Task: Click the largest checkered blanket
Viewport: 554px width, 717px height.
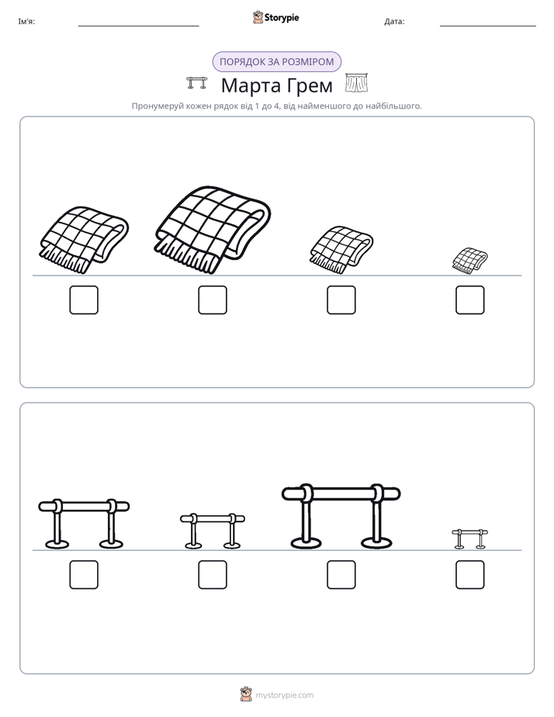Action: click(212, 230)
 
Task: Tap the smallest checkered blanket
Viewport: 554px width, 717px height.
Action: click(470, 261)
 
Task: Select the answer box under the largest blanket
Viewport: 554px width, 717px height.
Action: click(213, 300)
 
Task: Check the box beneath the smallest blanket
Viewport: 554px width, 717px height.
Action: click(470, 300)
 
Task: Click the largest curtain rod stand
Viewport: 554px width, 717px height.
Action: click(341, 516)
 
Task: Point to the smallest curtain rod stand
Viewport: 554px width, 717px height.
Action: click(470, 539)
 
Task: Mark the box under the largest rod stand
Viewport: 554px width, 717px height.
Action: click(341, 575)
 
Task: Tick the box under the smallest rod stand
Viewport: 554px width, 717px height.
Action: click(470, 575)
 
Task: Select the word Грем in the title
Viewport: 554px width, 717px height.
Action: click(310, 85)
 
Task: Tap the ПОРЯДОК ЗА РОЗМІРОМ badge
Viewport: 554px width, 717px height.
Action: click(277, 62)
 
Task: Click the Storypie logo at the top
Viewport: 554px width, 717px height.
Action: click(275, 17)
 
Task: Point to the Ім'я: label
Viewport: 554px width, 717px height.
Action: click(26, 22)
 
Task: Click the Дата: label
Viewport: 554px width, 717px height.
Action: click(394, 22)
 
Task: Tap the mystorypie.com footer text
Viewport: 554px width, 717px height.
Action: click(284, 695)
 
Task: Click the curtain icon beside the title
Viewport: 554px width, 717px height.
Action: click(357, 83)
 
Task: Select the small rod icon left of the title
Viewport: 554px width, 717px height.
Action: click(197, 83)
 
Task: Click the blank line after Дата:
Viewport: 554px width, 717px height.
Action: click(488, 26)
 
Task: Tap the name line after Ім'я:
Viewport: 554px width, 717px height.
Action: click(138, 26)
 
